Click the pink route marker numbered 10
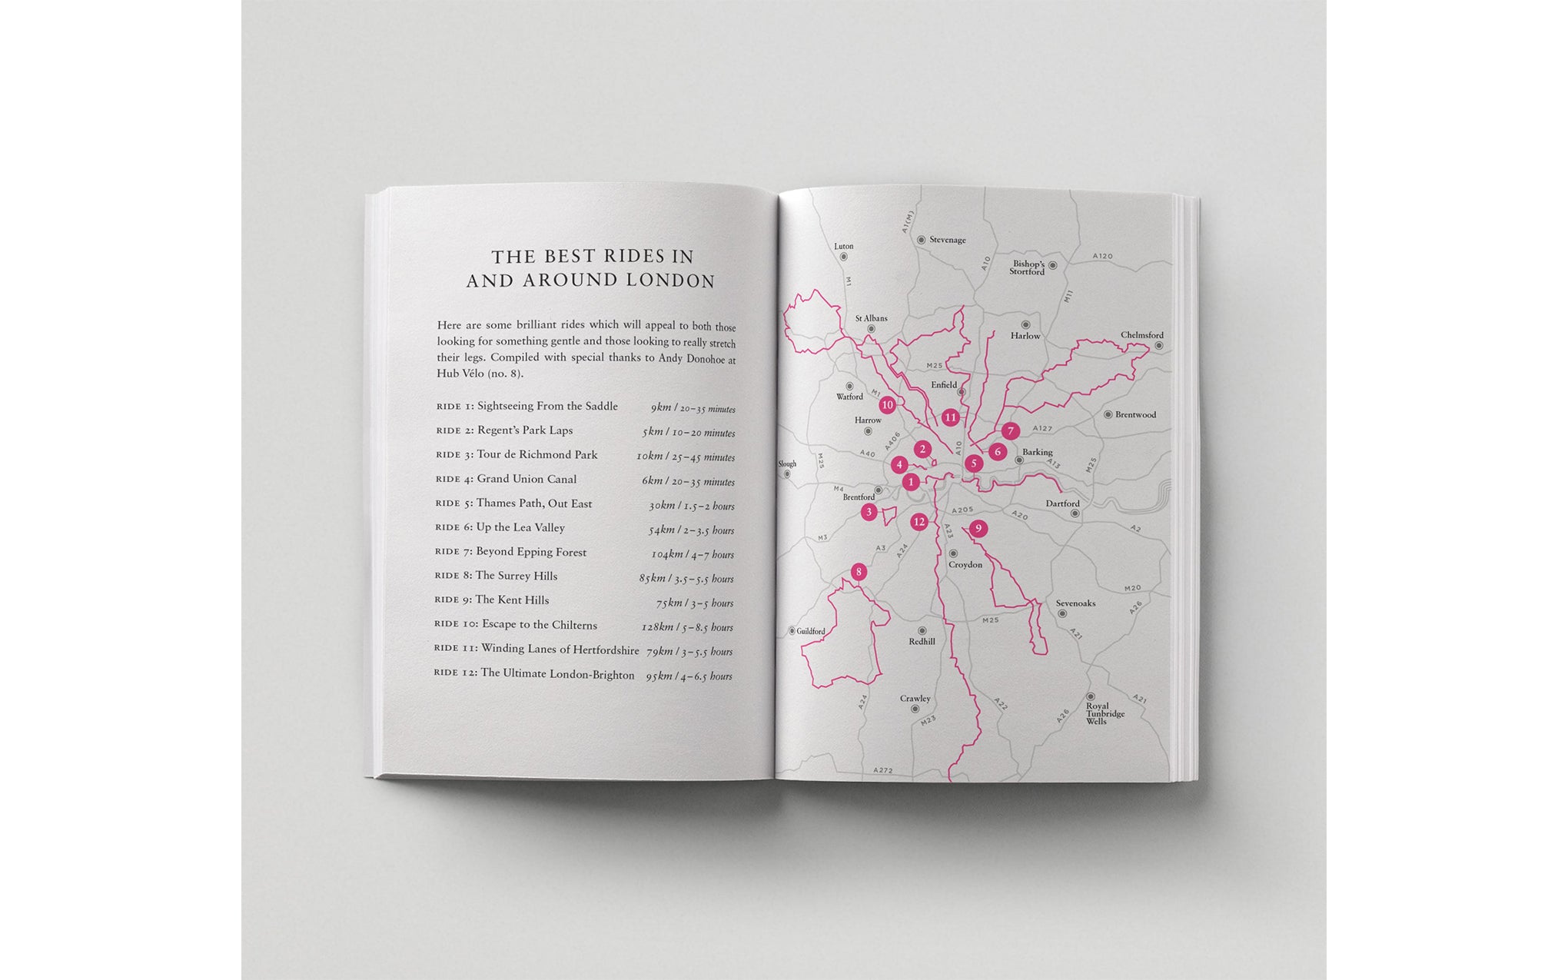click(887, 405)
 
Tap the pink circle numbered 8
click(859, 572)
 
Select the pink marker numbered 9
click(978, 528)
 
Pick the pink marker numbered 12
click(919, 523)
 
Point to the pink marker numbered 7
click(1010, 431)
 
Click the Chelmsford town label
click(1141, 335)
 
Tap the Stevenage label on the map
click(947, 240)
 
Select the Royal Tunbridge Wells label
click(1105, 713)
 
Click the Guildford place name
click(810, 632)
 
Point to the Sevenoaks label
click(1075, 603)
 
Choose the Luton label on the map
click(843, 247)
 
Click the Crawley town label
click(915, 699)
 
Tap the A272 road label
click(882, 769)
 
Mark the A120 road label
click(1102, 256)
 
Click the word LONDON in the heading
click(670, 281)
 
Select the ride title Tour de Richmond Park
click(537, 455)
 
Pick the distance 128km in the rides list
click(657, 626)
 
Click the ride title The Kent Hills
click(512, 600)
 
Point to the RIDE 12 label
click(455, 673)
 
